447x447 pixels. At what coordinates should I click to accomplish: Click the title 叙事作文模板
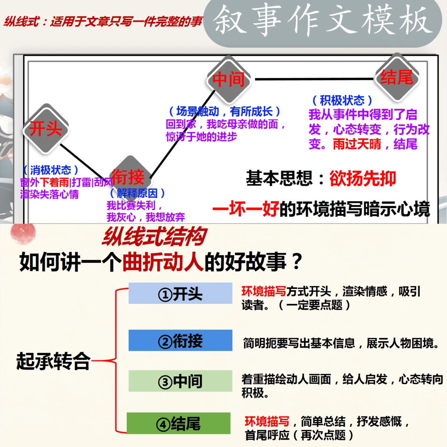pos(322,20)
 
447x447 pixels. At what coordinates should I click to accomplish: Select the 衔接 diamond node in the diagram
pos(129,177)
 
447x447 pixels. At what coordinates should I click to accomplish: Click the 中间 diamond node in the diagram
pos(229,79)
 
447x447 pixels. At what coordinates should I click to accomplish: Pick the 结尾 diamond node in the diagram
pos(397,77)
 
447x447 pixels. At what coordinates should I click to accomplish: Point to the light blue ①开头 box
pos(180,293)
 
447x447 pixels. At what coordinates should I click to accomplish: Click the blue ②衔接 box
pos(180,341)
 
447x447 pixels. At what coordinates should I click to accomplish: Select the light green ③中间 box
pos(180,381)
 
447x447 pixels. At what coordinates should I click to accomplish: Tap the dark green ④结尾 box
pos(178,423)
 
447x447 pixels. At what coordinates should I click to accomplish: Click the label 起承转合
pos(53,361)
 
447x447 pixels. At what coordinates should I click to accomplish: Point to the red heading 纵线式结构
pos(154,238)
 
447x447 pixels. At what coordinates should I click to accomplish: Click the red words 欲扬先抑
pos(363,178)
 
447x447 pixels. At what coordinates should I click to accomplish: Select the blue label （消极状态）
pos(51,170)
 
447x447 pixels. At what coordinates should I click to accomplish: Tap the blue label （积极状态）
pos(341,100)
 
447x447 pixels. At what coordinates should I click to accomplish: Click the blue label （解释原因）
pos(138,193)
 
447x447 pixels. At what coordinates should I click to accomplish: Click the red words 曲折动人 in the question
pos(163,262)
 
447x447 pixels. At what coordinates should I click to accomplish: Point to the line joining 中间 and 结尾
pos(315,78)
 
